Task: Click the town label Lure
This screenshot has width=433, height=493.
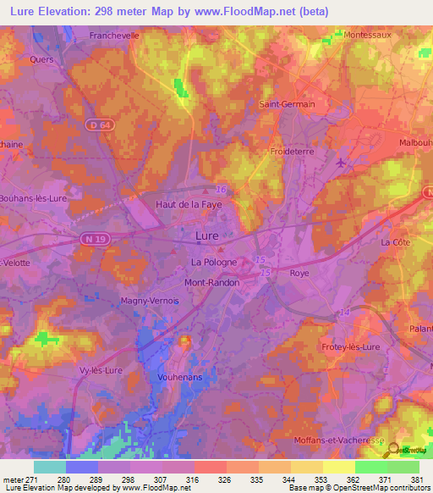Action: coord(197,238)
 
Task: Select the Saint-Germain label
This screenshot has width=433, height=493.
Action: coord(286,104)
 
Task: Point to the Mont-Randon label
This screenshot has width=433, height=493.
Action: coord(212,282)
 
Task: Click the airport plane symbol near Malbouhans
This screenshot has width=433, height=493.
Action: coord(341,162)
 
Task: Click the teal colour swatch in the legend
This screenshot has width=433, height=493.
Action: coord(49,466)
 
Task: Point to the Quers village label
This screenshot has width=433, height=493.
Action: coord(41,59)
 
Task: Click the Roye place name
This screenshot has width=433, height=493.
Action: coord(299,274)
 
